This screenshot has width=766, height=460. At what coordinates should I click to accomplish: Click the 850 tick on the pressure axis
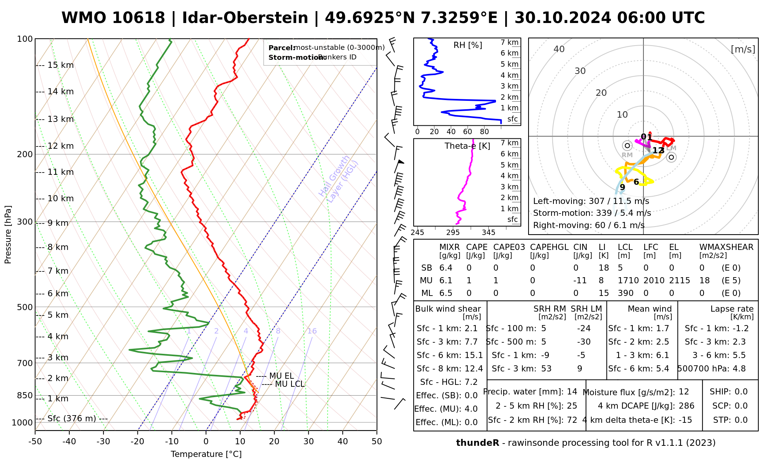(25, 395)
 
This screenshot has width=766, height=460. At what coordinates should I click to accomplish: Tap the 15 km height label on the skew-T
(61, 65)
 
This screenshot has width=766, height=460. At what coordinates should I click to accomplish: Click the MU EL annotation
(282, 376)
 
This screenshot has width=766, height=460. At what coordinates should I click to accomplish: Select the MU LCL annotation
(290, 384)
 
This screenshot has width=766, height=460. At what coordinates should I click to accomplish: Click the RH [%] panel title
(468, 45)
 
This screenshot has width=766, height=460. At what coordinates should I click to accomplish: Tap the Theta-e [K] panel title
(467, 146)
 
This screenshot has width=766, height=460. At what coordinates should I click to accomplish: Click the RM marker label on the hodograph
(627, 155)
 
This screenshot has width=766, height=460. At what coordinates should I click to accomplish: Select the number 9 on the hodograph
(622, 187)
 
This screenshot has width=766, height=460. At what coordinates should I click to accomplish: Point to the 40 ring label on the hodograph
(559, 49)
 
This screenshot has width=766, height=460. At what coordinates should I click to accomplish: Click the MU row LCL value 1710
(628, 281)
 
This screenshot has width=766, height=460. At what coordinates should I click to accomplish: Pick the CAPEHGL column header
(549, 247)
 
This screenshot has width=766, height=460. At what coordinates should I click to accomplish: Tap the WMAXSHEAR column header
(726, 247)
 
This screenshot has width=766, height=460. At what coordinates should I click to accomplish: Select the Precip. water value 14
(572, 392)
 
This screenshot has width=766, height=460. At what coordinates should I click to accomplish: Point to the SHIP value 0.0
(741, 392)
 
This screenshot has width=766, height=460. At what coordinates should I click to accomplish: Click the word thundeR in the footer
(478, 443)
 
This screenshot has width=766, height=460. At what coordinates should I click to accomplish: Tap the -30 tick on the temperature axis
(103, 442)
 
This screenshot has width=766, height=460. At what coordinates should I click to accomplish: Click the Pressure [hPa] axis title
(8, 235)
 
